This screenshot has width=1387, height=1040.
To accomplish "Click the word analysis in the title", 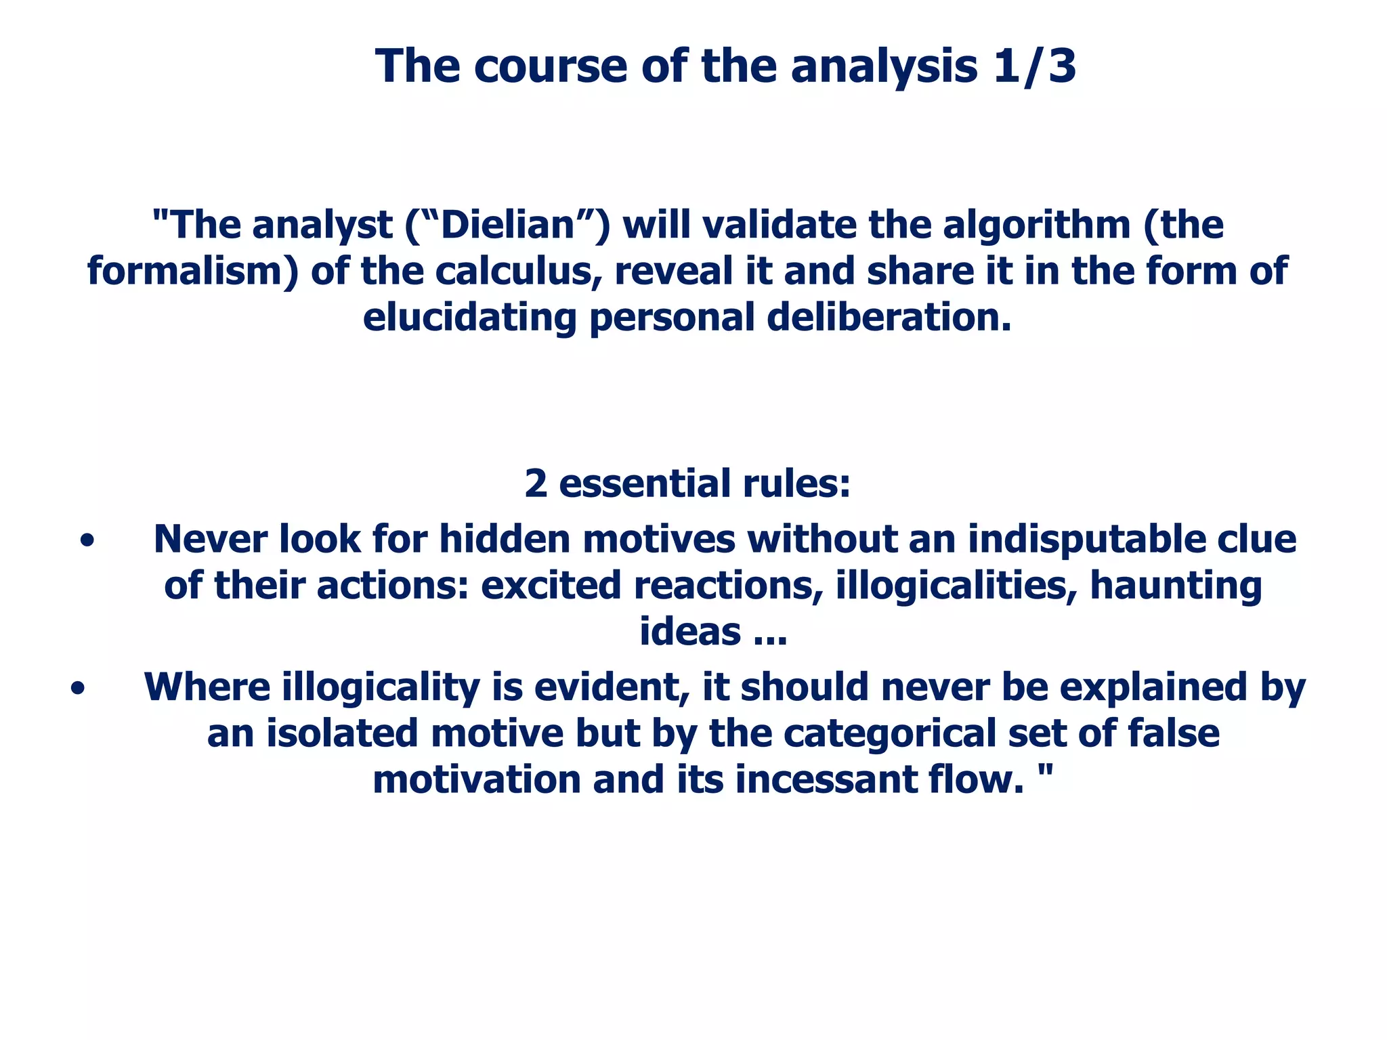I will click(x=884, y=66).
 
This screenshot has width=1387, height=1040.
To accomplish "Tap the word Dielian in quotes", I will click(x=507, y=225).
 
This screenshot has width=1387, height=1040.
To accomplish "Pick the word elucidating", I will click(x=469, y=317).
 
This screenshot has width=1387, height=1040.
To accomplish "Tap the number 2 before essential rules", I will click(x=536, y=483).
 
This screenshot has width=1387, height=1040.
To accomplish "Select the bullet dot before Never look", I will click(x=86, y=542).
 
